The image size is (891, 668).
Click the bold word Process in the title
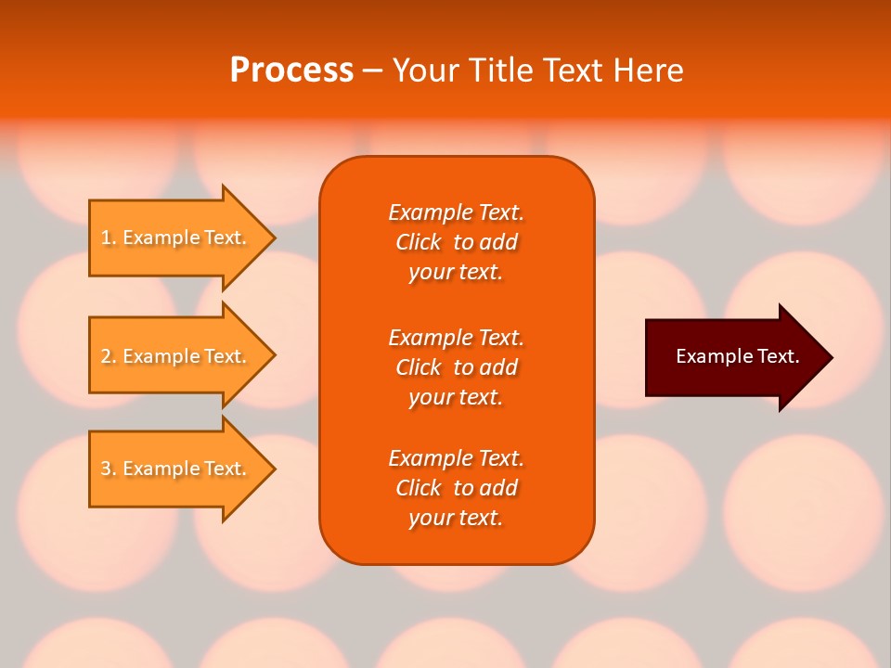coord(291,71)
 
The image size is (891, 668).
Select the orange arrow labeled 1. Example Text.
coord(176,238)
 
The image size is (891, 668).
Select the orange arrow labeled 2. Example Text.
coord(176,356)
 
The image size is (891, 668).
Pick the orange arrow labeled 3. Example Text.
coord(176,469)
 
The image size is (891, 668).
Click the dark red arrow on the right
coord(733,357)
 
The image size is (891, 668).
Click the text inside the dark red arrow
coord(737,356)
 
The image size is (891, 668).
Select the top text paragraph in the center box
coord(456,242)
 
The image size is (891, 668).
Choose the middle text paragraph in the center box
coord(456,367)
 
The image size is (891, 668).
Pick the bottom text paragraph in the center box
coord(456,488)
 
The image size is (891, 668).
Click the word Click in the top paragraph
coord(419,242)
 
